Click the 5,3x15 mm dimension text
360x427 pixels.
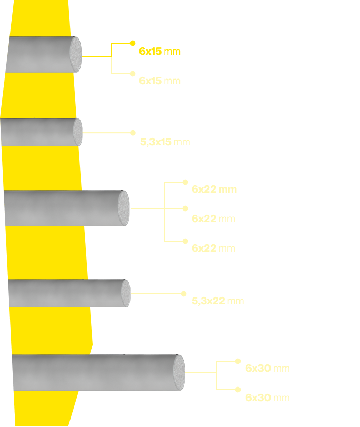click(x=165, y=142)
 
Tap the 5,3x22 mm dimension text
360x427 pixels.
click(x=218, y=301)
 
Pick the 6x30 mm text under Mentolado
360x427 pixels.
click(x=267, y=398)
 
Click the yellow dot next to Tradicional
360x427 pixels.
click(x=133, y=43)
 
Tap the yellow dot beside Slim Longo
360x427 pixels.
click(x=184, y=293)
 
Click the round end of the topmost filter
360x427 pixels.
click(x=76, y=54)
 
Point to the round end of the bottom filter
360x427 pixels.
click(x=179, y=372)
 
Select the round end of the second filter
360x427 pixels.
click(x=78, y=132)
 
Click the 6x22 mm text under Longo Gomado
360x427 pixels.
click(x=213, y=219)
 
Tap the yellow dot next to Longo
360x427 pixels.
click(x=185, y=182)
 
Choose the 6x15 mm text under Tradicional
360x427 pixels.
click(x=159, y=51)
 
